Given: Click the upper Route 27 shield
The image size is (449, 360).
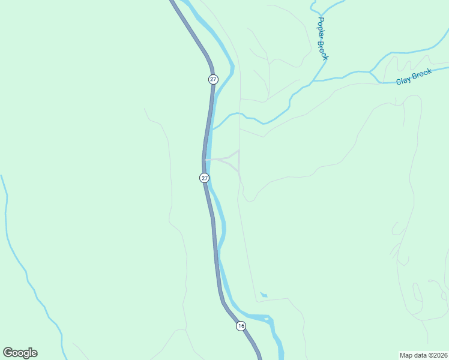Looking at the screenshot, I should [x=213, y=79].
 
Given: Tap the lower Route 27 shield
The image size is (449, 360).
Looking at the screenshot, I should [x=204, y=178].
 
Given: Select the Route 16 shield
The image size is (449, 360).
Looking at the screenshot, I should [x=241, y=326].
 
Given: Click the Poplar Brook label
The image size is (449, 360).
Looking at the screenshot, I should [x=322, y=38].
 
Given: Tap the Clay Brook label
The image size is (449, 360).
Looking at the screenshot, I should [x=414, y=77].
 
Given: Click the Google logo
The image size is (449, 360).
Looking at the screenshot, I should [x=20, y=353].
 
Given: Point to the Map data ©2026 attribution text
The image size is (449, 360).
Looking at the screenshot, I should [x=423, y=355].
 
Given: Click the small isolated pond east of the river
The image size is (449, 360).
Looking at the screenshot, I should [x=263, y=295].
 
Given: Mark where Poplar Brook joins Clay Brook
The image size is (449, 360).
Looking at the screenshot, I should [x=313, y=80].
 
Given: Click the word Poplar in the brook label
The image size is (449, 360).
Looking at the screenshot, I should [x=321, y=28].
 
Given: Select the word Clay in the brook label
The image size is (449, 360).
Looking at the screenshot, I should [x=403, y=80].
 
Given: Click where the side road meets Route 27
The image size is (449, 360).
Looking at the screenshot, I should [x=206, y=160].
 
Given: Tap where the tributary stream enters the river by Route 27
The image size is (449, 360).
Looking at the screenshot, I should [x=212, y=129].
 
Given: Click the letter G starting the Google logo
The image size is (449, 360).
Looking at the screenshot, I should [x=8, y=353].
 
